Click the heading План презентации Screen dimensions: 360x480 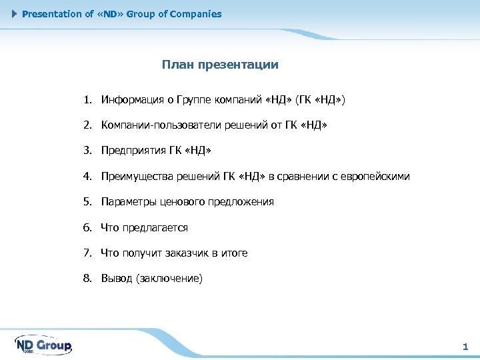coord(220,65)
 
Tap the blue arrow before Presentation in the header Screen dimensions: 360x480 coord(15,14)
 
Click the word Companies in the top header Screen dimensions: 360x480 coord(195,14)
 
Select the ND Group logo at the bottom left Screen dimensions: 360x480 coord(43,345)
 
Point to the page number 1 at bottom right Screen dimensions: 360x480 coord(465,347)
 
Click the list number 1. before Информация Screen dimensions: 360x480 coord(87,100)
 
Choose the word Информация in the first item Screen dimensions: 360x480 coord(133,100)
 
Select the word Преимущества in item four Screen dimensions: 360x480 coord(136,177)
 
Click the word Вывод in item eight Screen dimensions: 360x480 coord(116,278)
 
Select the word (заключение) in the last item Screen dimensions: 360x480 coord(169,278)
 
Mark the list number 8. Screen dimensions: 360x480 coord(87,278)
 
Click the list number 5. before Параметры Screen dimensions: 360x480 coord(87,202)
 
